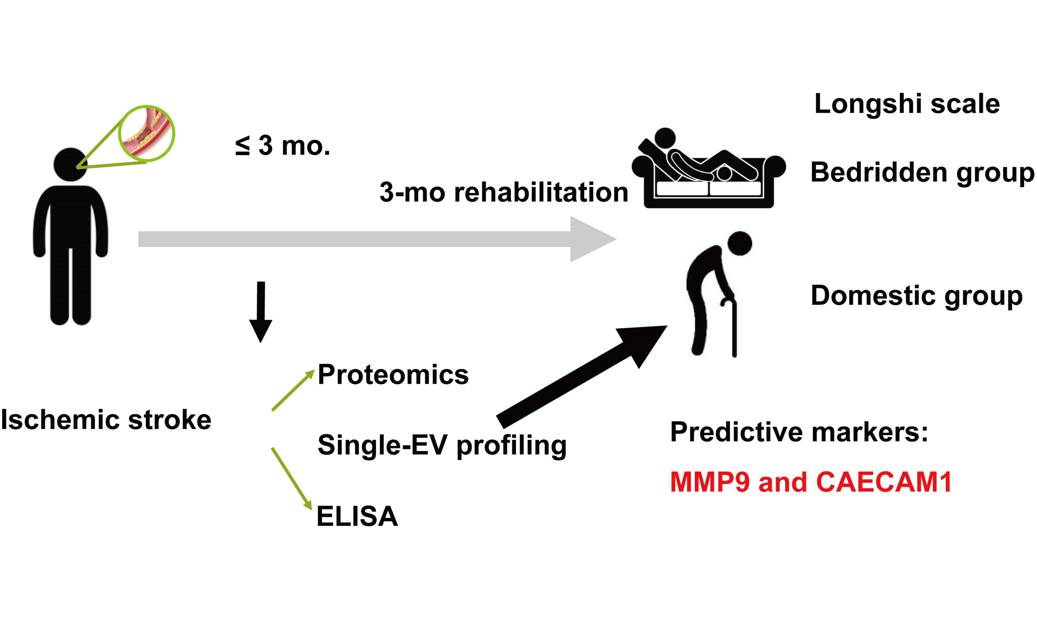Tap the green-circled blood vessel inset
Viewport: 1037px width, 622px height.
point(146,133)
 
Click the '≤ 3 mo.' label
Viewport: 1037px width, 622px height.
point(283,146)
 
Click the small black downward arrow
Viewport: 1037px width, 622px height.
point(261,312)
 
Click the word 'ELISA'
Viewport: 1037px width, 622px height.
point(357,516)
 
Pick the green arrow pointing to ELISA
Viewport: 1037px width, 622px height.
point(292,478)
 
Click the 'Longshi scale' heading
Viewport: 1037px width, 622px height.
point(906,104)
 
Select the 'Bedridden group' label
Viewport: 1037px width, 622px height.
point(922,172)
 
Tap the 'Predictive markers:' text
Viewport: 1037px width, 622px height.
point(799,432)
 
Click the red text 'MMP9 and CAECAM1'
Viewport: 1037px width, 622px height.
point(810,482)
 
